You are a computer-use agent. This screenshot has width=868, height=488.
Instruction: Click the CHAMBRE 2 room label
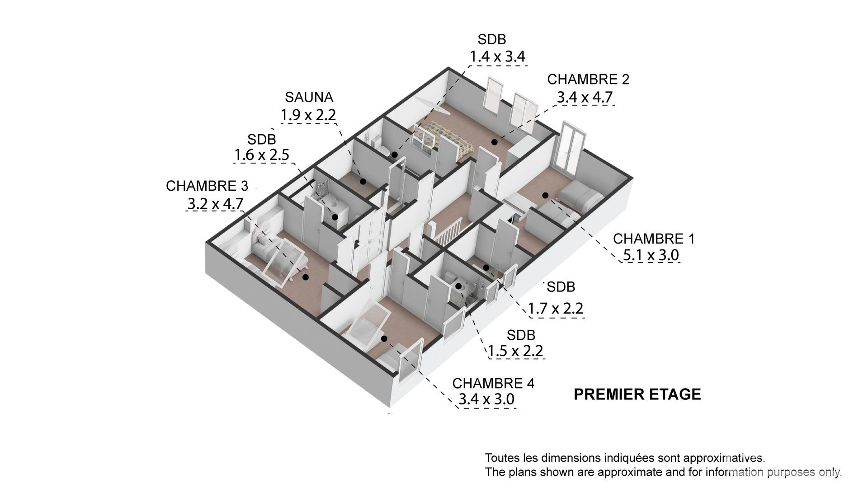[x=588, y=79]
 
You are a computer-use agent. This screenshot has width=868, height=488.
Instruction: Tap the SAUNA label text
[x=309, y=97]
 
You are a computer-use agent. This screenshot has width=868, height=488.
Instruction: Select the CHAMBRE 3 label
[x=207, y=186]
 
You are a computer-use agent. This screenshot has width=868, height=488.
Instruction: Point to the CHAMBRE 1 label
[x=654, y=239]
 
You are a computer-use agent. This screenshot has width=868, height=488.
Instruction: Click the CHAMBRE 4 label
[x=493, y=383]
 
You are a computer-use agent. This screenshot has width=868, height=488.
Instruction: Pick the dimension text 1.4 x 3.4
[x=497, y=57]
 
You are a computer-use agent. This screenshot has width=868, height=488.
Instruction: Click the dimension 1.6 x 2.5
[x=261, y=155]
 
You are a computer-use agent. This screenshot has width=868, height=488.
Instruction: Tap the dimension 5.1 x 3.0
[x=651, y=255]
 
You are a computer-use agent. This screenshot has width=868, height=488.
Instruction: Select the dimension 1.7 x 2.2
[x=556, y=309]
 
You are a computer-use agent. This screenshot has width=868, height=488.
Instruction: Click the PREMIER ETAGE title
[x=637, y=394]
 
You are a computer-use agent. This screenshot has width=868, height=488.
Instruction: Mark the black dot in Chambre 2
[x=495, y=142]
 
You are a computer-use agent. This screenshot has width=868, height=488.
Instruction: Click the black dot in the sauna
[x=363, y=181]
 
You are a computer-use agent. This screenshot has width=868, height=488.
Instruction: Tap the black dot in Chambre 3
[x=306, y=277]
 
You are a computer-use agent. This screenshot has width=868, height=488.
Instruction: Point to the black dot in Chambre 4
[x=384, y=338]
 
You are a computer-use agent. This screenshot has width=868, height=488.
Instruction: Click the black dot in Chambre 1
[x=545, y=195]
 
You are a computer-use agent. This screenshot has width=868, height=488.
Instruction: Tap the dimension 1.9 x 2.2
[x=308, y=115]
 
